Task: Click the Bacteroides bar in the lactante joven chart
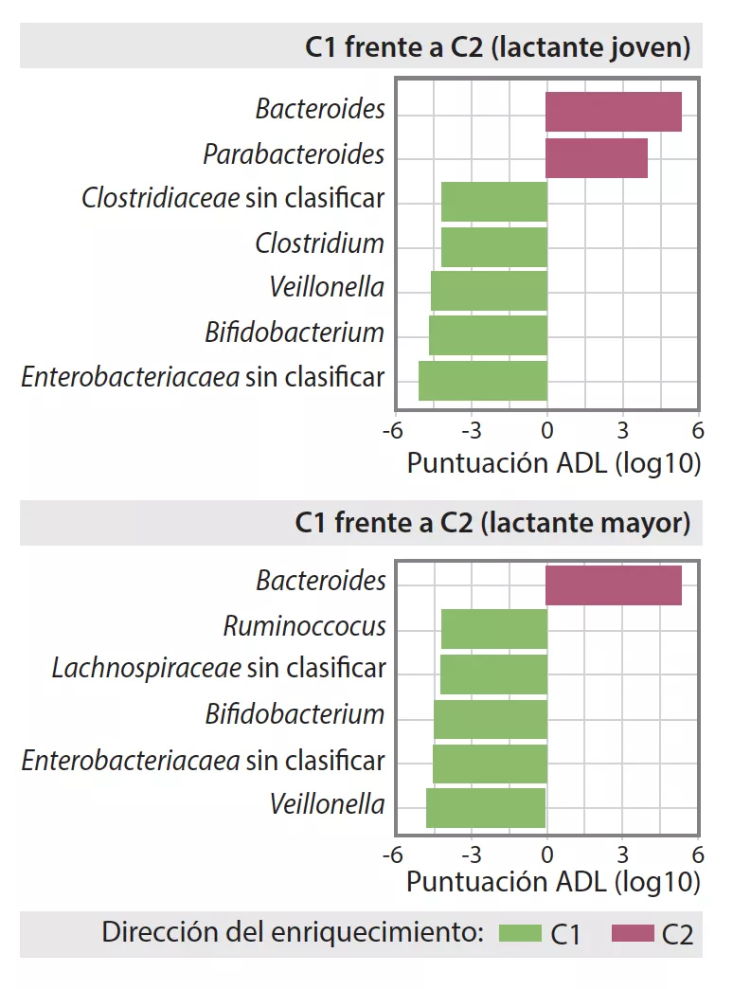click(613, 112)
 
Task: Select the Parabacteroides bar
click(596, 157)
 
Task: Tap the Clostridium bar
click(494, 246)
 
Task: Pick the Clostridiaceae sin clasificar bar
click(494, 201)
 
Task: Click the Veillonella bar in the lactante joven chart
click(489, 291)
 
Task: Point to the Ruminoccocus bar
click(494, 629)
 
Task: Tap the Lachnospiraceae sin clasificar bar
click(493, 674)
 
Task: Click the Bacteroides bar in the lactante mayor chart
click(613, 584)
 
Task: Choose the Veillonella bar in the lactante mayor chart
click(485, 808)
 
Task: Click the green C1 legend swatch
click(519, 934)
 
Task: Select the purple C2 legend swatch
click(633, 934)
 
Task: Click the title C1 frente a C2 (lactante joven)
click(497, 48)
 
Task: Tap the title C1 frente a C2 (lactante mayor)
click(492, 522)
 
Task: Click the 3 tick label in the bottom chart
click(622, 849)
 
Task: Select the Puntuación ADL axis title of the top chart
click(553, 463)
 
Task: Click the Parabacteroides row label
click(294, 154)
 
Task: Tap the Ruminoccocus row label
click(304, 626)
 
